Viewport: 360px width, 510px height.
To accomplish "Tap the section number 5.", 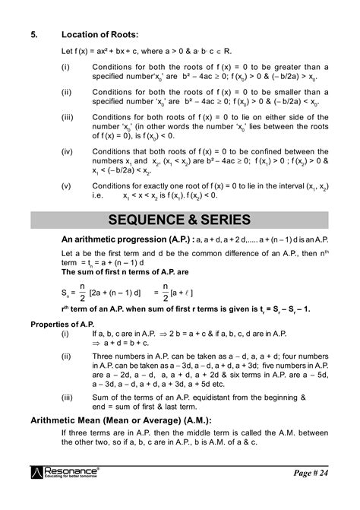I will [34, 35].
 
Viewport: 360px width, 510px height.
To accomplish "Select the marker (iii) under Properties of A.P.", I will [68, 396].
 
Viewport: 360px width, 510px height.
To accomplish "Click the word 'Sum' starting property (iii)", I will [100, 396].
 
